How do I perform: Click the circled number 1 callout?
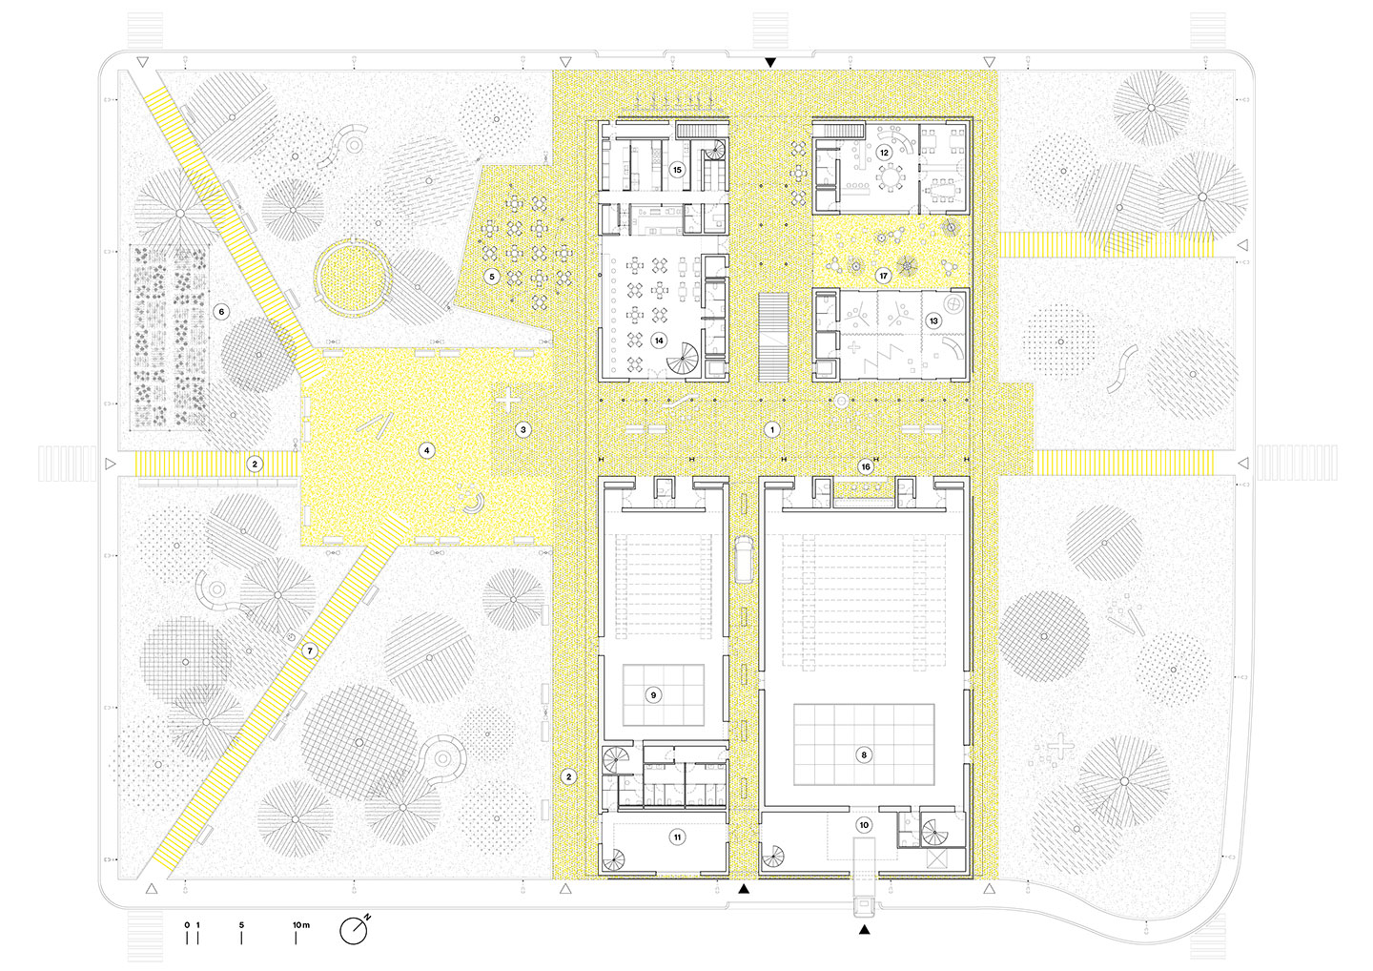point(771,430)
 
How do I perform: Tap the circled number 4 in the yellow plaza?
point(426,450)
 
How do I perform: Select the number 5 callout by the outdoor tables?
point(492,277)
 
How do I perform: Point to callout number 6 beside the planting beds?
point(221,311)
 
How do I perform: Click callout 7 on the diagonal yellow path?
point(310,651)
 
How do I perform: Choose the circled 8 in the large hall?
point(864,754)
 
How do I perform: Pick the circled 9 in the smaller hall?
point(653,694)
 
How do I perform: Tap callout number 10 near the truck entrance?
point(864,825)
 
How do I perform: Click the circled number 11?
point(677,837)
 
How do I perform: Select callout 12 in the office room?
point(884,153)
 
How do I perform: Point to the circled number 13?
point(933,320)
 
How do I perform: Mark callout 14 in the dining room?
point(659,341)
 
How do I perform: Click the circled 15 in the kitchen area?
point(677,170)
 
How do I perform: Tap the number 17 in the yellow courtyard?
point(883,276)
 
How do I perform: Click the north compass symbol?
point(355,931)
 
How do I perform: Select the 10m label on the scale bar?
point(301,925)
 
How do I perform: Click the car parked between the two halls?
point(744,558)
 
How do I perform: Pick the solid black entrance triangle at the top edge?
point(770,63)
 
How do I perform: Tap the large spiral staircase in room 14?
point(683,358)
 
